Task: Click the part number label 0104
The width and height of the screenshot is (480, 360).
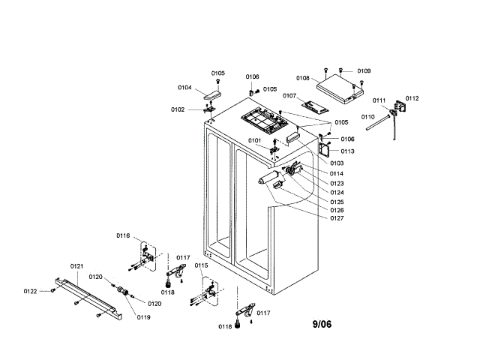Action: [x=184, y=87]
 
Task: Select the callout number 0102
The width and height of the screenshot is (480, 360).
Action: [x=177, y=109]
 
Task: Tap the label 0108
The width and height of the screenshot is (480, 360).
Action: [x=303, y=77]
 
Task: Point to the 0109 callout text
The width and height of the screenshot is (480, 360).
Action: [x=364, y=70]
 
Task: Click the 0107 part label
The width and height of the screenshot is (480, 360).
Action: [x=290, y=95]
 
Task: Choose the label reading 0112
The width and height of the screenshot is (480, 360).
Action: [x=412, y=98]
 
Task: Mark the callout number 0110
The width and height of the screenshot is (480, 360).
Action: [x=367, y=117]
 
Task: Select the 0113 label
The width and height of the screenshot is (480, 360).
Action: [x=347, y=151]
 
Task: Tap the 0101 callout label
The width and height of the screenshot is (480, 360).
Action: [x=255, y=140]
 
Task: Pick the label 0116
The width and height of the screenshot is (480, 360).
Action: [x=123, y=235]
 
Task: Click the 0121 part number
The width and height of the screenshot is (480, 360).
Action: [x=76, y=266]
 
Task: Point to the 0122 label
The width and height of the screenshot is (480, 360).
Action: [x=30, y=291]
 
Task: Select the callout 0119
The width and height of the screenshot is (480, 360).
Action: [x=142, y=316]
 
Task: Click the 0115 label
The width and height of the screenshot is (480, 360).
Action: [x=202, y=265]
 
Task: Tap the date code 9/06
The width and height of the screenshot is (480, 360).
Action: [x=322, y=324]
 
